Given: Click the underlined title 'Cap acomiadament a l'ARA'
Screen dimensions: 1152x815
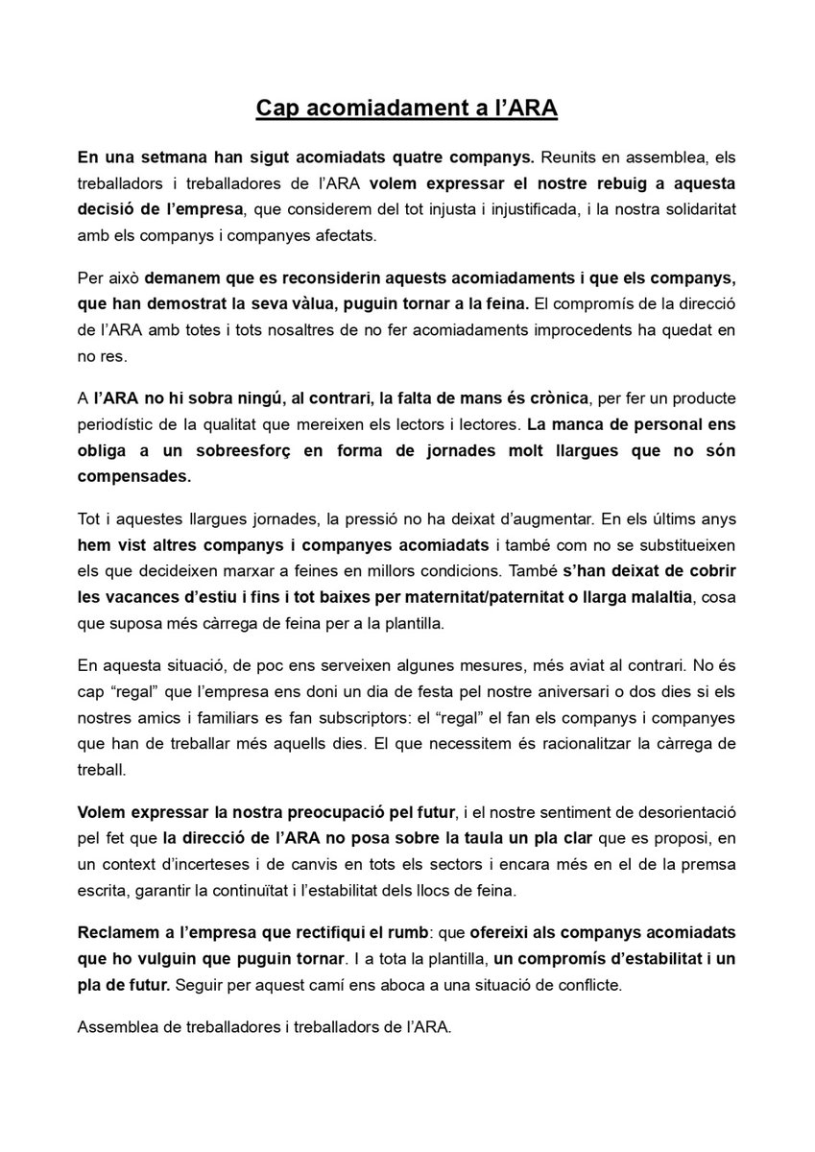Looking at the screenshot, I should coord(407,109).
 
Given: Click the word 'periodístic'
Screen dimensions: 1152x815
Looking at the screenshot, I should coord(121,422).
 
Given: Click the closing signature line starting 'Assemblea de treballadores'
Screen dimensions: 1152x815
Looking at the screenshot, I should coord(264,1026).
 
